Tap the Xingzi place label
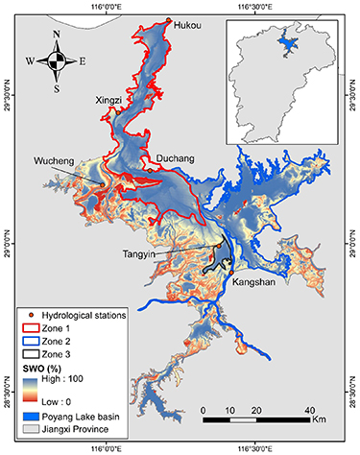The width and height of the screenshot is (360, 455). [109, 100]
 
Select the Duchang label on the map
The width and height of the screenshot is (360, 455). [170, 162]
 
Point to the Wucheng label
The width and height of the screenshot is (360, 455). [54, 160]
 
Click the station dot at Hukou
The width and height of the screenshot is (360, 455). [169, 21]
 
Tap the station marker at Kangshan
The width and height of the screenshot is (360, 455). [231, 275]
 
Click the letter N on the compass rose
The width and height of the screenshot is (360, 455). [58, 36]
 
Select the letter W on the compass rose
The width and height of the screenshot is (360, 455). [32, 60]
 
